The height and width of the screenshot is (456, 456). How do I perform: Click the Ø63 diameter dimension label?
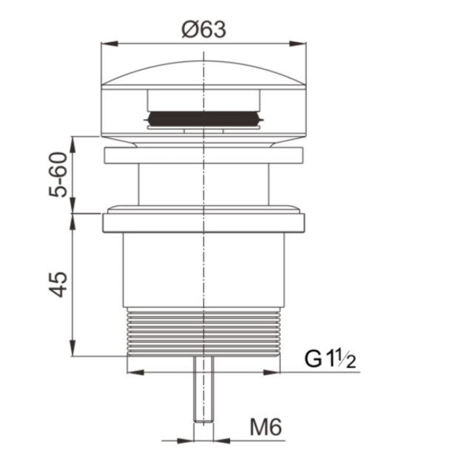point(203,29)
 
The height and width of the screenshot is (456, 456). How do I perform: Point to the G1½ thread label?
point(330,360)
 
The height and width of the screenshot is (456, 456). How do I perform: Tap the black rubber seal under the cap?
point(203,119)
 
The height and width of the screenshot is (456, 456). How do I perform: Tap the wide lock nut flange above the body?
point(203,222)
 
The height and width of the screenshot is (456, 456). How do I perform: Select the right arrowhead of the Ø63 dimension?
point(300,43)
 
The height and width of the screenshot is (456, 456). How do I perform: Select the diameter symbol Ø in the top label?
point(190,29)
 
